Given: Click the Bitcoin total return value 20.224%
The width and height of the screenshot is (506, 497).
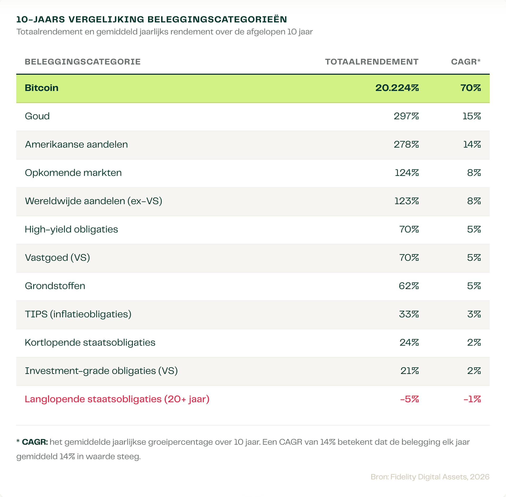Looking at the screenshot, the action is tap(397, 88).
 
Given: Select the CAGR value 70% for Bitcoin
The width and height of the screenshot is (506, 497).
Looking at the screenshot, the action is tap(470, 88).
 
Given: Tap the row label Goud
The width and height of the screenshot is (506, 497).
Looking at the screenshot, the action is tap(37, 116).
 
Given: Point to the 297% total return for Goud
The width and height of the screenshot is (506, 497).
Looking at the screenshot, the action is tap(406, 116).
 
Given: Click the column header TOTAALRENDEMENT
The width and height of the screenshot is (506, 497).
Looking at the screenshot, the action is tap(372, 62).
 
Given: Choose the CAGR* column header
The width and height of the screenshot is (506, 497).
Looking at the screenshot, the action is tap(466, 62).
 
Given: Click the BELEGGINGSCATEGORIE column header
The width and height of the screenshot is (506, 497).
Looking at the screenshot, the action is tap(83, 62).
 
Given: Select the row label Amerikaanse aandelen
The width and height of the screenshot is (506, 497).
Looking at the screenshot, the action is tap(76, 144).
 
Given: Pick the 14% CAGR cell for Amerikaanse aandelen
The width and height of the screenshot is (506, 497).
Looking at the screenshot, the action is tap(472, 144).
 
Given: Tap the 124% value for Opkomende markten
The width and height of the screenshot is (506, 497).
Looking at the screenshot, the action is tap(407, 173).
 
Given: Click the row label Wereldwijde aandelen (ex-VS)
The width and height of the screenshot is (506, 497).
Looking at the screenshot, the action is tap(94, 201).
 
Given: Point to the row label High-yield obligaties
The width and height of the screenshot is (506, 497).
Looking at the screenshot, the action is tap(71, 230).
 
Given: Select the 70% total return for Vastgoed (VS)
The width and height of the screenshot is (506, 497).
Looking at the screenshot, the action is tap(409, 257).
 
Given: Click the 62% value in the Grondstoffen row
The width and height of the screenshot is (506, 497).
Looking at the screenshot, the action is tap(408, 286).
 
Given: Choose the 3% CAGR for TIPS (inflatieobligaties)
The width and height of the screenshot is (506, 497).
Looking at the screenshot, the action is tap(474, 314).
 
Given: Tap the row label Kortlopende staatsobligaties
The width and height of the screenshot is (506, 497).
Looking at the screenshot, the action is tap(90, 343).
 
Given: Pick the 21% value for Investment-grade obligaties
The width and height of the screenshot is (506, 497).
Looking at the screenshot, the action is tap(410, 371).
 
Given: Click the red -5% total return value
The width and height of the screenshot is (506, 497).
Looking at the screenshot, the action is tap(409, 399).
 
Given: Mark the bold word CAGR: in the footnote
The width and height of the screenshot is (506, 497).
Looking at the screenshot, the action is tap(35, 442).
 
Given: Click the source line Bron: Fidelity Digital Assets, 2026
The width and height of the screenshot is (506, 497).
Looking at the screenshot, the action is tap(430, 477).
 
